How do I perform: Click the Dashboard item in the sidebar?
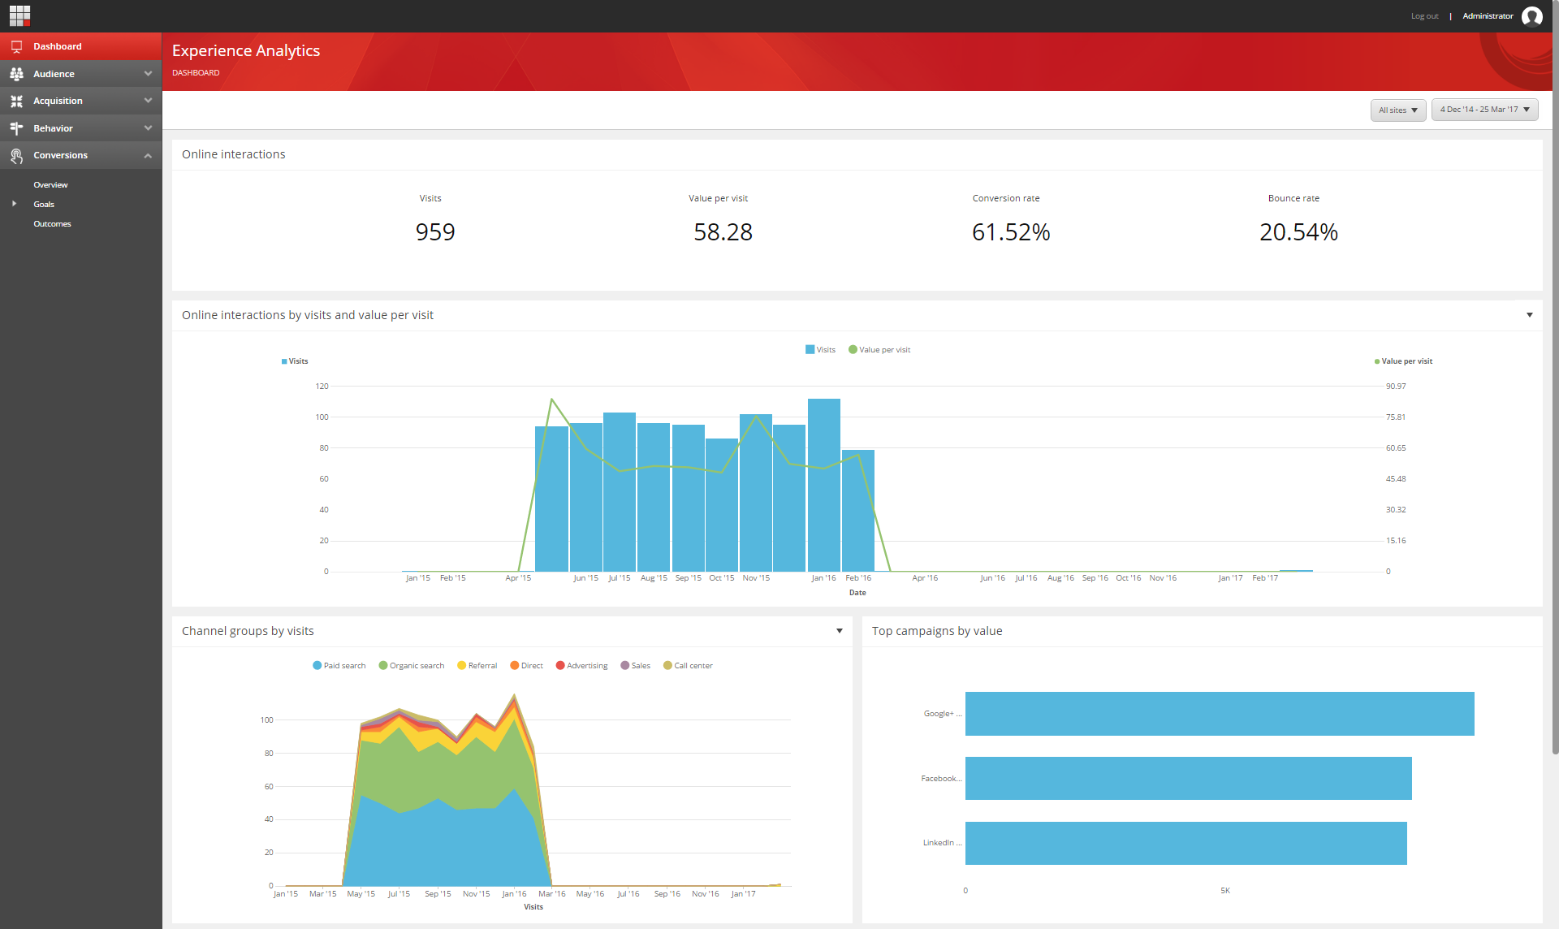57,46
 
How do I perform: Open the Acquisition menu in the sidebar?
58,101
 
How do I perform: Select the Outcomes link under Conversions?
52,224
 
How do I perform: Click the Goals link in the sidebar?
44,205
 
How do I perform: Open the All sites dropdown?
1397,110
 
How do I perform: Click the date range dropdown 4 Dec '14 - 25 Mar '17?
1484,110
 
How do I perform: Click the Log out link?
1424,16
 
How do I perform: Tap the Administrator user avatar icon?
1531,16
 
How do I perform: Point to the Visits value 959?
435,232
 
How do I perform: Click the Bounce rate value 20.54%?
1298,232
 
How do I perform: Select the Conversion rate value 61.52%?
1011,232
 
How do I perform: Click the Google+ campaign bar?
1219,714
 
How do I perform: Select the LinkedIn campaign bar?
1185,843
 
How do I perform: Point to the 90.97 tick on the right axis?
1396,387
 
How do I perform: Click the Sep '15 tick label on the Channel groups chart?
438,894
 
